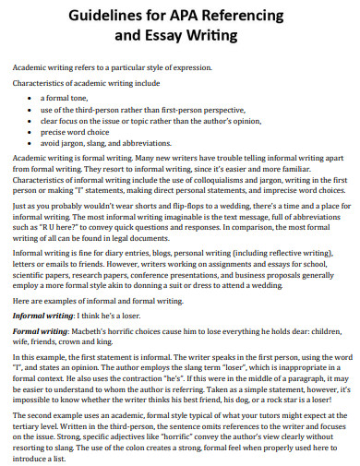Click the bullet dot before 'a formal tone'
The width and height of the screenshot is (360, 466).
pyautogui.click(x=31, y=97)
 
